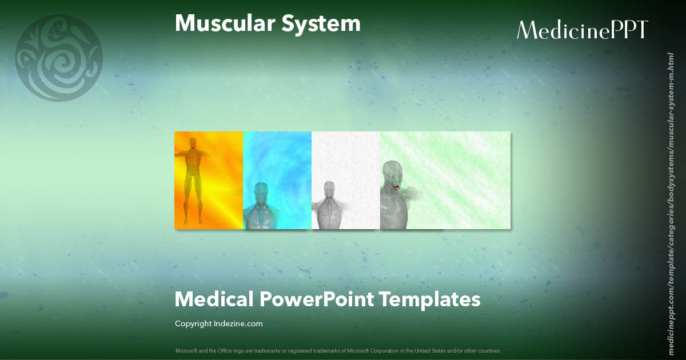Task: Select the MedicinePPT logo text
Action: (582, 30)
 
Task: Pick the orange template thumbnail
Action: (209, 180)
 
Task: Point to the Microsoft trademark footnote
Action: (338, 350)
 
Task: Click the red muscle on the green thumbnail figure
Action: (396, 186)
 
